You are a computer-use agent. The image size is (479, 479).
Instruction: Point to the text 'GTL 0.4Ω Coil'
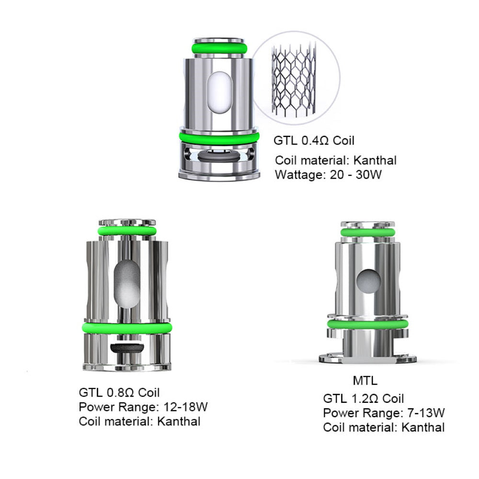coord(314,141)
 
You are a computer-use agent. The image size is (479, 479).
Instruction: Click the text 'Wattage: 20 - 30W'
coord(328,174)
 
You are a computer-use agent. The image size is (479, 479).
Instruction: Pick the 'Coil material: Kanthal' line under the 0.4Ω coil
coord(336,160)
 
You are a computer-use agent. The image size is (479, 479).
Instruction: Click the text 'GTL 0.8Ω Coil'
coord(119,392)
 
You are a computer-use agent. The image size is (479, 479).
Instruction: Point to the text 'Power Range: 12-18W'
coord(143,407)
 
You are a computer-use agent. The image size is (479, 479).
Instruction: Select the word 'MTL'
coord(365,381)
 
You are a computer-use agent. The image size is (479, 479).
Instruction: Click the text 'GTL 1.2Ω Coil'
coord(364,399)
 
